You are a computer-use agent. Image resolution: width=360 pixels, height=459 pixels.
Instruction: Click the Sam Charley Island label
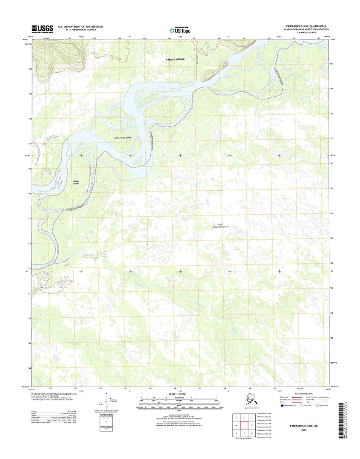[x=123, y=138]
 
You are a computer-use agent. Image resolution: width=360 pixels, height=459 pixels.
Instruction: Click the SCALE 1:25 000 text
[x=179, y=394]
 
